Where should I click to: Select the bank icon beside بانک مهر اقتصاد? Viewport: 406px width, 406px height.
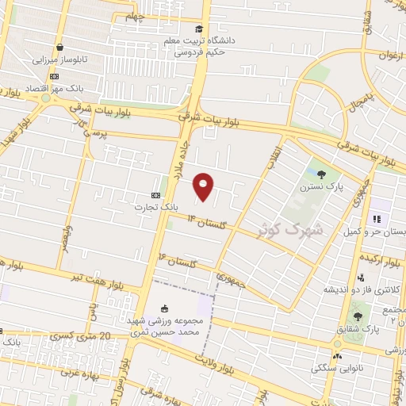click(x=53, y=77)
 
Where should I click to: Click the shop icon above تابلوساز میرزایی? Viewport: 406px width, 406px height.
click(x=61, y=47)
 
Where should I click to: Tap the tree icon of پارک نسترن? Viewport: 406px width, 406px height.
click(x=321, y=174)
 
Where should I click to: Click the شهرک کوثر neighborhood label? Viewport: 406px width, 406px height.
click(x=291, y=229)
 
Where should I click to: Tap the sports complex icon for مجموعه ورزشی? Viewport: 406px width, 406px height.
click(x=164, y=308)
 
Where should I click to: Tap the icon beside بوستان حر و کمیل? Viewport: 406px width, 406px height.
click(x=377, y=219)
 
